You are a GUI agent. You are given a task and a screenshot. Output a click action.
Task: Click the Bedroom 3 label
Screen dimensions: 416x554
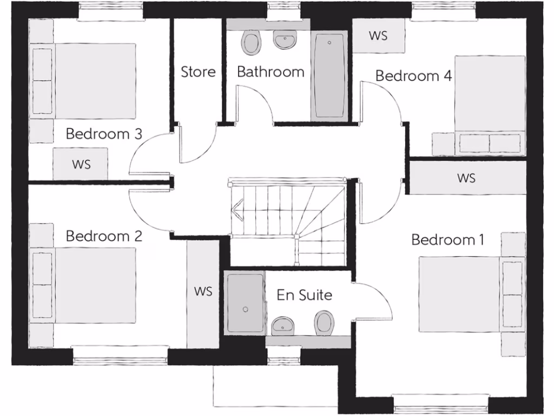(x=104, y=134)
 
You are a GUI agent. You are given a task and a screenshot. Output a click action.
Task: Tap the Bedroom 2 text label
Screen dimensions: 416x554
(x=104, y=236)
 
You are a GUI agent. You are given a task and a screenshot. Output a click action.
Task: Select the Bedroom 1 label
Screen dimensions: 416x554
(x=448, y=239)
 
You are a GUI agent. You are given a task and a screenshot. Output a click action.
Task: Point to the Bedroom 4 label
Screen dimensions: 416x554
(x=413, y=76)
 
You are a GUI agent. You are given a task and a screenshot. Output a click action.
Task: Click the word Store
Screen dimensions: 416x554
(x=198, y=71)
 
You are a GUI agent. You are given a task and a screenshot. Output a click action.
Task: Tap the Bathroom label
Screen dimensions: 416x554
(x=271, y=71)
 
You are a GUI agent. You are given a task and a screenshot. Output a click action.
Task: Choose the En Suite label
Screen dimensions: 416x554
(x=304, y=295)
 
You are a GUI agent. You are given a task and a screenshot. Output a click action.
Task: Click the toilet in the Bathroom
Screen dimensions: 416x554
(x=251, y=43)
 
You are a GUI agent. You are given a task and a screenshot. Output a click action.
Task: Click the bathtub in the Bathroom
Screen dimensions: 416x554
(x=329, y=76)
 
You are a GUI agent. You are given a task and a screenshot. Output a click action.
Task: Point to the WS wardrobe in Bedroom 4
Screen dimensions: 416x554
(x=379, y=36)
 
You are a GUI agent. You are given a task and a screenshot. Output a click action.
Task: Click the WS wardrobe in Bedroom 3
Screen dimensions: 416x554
(x=81, y=164)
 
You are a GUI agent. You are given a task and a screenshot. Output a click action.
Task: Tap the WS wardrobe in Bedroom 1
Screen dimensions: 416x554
(x=466, y=177)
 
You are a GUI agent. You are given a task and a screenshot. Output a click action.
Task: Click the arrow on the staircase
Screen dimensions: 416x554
(x=237, y=207)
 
